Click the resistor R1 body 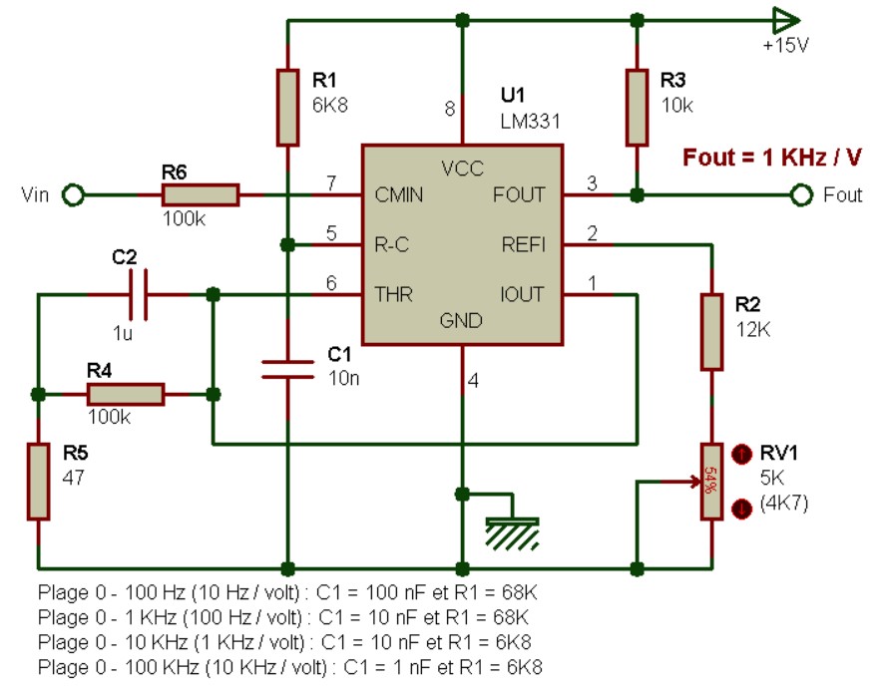(287, 108)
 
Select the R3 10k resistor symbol (637, 108)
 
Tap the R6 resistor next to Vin (201, 195)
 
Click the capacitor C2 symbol (138, 294)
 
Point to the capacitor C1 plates (287, 369)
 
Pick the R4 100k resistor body (126, 394)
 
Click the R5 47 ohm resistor (38, 482)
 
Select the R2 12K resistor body (711, 332)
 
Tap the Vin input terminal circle (73, 195)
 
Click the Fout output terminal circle (801, 195)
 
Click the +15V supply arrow (786, 21)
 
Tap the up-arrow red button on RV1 (741, 454)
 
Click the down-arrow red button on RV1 (741, 509)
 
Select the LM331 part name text (530, 122)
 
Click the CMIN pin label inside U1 (399, 195)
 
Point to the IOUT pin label (522, 294)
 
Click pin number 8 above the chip (450, 109)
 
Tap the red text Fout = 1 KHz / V (772, 158)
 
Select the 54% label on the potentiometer (710, 481)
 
